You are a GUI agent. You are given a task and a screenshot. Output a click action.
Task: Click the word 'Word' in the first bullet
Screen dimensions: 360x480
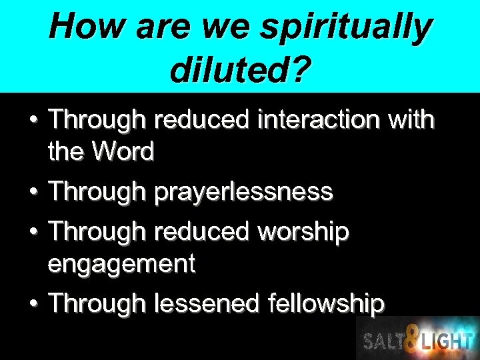[x=123, y=152]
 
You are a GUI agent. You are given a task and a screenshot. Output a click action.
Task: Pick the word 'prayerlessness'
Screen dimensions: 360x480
[x=243, y=192]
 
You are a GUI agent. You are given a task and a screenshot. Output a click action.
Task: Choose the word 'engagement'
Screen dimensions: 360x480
[x=121, y=265]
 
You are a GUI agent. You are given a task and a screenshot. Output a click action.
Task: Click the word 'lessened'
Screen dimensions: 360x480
[x=207, y=304]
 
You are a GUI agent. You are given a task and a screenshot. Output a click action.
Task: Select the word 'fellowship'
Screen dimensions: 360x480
[x=326, y=304]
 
